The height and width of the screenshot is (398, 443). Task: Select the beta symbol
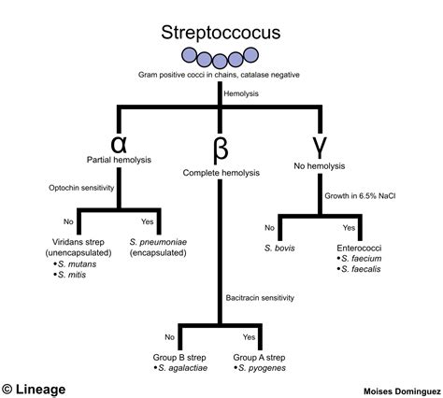coord(221,149)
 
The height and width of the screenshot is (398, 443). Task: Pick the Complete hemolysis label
coord(221,173)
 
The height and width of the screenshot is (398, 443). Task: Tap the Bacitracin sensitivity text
coord(260,298)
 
